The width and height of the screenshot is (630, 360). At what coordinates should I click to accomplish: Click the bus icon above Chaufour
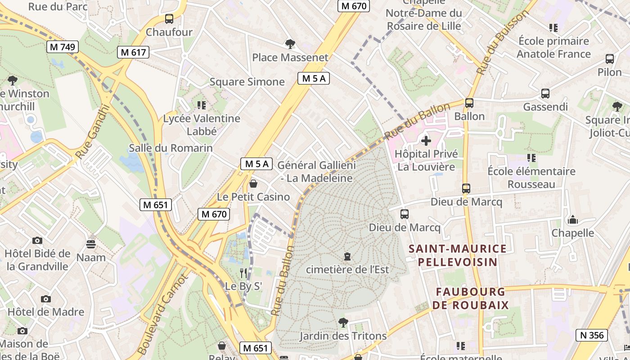(169, 19)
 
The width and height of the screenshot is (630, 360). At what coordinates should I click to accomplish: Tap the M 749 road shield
(63, 47)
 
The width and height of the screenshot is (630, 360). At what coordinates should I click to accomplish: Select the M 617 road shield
(133, 52)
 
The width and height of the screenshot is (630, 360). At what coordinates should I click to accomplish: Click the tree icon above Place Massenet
(290, 44)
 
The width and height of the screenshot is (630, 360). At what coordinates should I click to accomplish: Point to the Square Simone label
(247, 82)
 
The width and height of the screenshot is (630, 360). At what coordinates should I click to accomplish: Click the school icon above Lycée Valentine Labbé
(202, 105)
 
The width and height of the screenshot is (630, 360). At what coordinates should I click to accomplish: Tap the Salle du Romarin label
(171, 148)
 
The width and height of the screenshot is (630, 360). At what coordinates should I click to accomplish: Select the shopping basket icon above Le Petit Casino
(253, 184)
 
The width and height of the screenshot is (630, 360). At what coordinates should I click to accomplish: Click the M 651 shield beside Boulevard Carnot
(156, 205)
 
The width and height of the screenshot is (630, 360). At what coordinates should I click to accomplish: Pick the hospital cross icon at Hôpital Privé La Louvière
(426, 141)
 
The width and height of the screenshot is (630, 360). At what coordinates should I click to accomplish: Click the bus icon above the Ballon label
(469, 103)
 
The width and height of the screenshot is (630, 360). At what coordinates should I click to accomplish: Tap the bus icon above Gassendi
(545, 94)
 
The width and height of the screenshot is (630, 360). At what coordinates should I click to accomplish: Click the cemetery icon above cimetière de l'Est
(347, 256)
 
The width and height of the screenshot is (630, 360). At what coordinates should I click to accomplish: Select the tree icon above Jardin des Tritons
(343, 323)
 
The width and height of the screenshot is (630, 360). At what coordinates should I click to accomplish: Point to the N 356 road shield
(592, 335)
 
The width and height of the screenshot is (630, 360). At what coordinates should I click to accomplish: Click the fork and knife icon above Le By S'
(243, 273)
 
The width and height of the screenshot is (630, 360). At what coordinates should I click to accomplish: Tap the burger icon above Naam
(91, 244)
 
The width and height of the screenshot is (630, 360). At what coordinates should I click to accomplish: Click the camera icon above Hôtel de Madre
(45, 299)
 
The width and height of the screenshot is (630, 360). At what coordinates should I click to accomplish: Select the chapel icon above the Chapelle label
(573, 220)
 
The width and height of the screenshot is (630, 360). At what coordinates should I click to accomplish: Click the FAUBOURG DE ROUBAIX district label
(470, 298)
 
